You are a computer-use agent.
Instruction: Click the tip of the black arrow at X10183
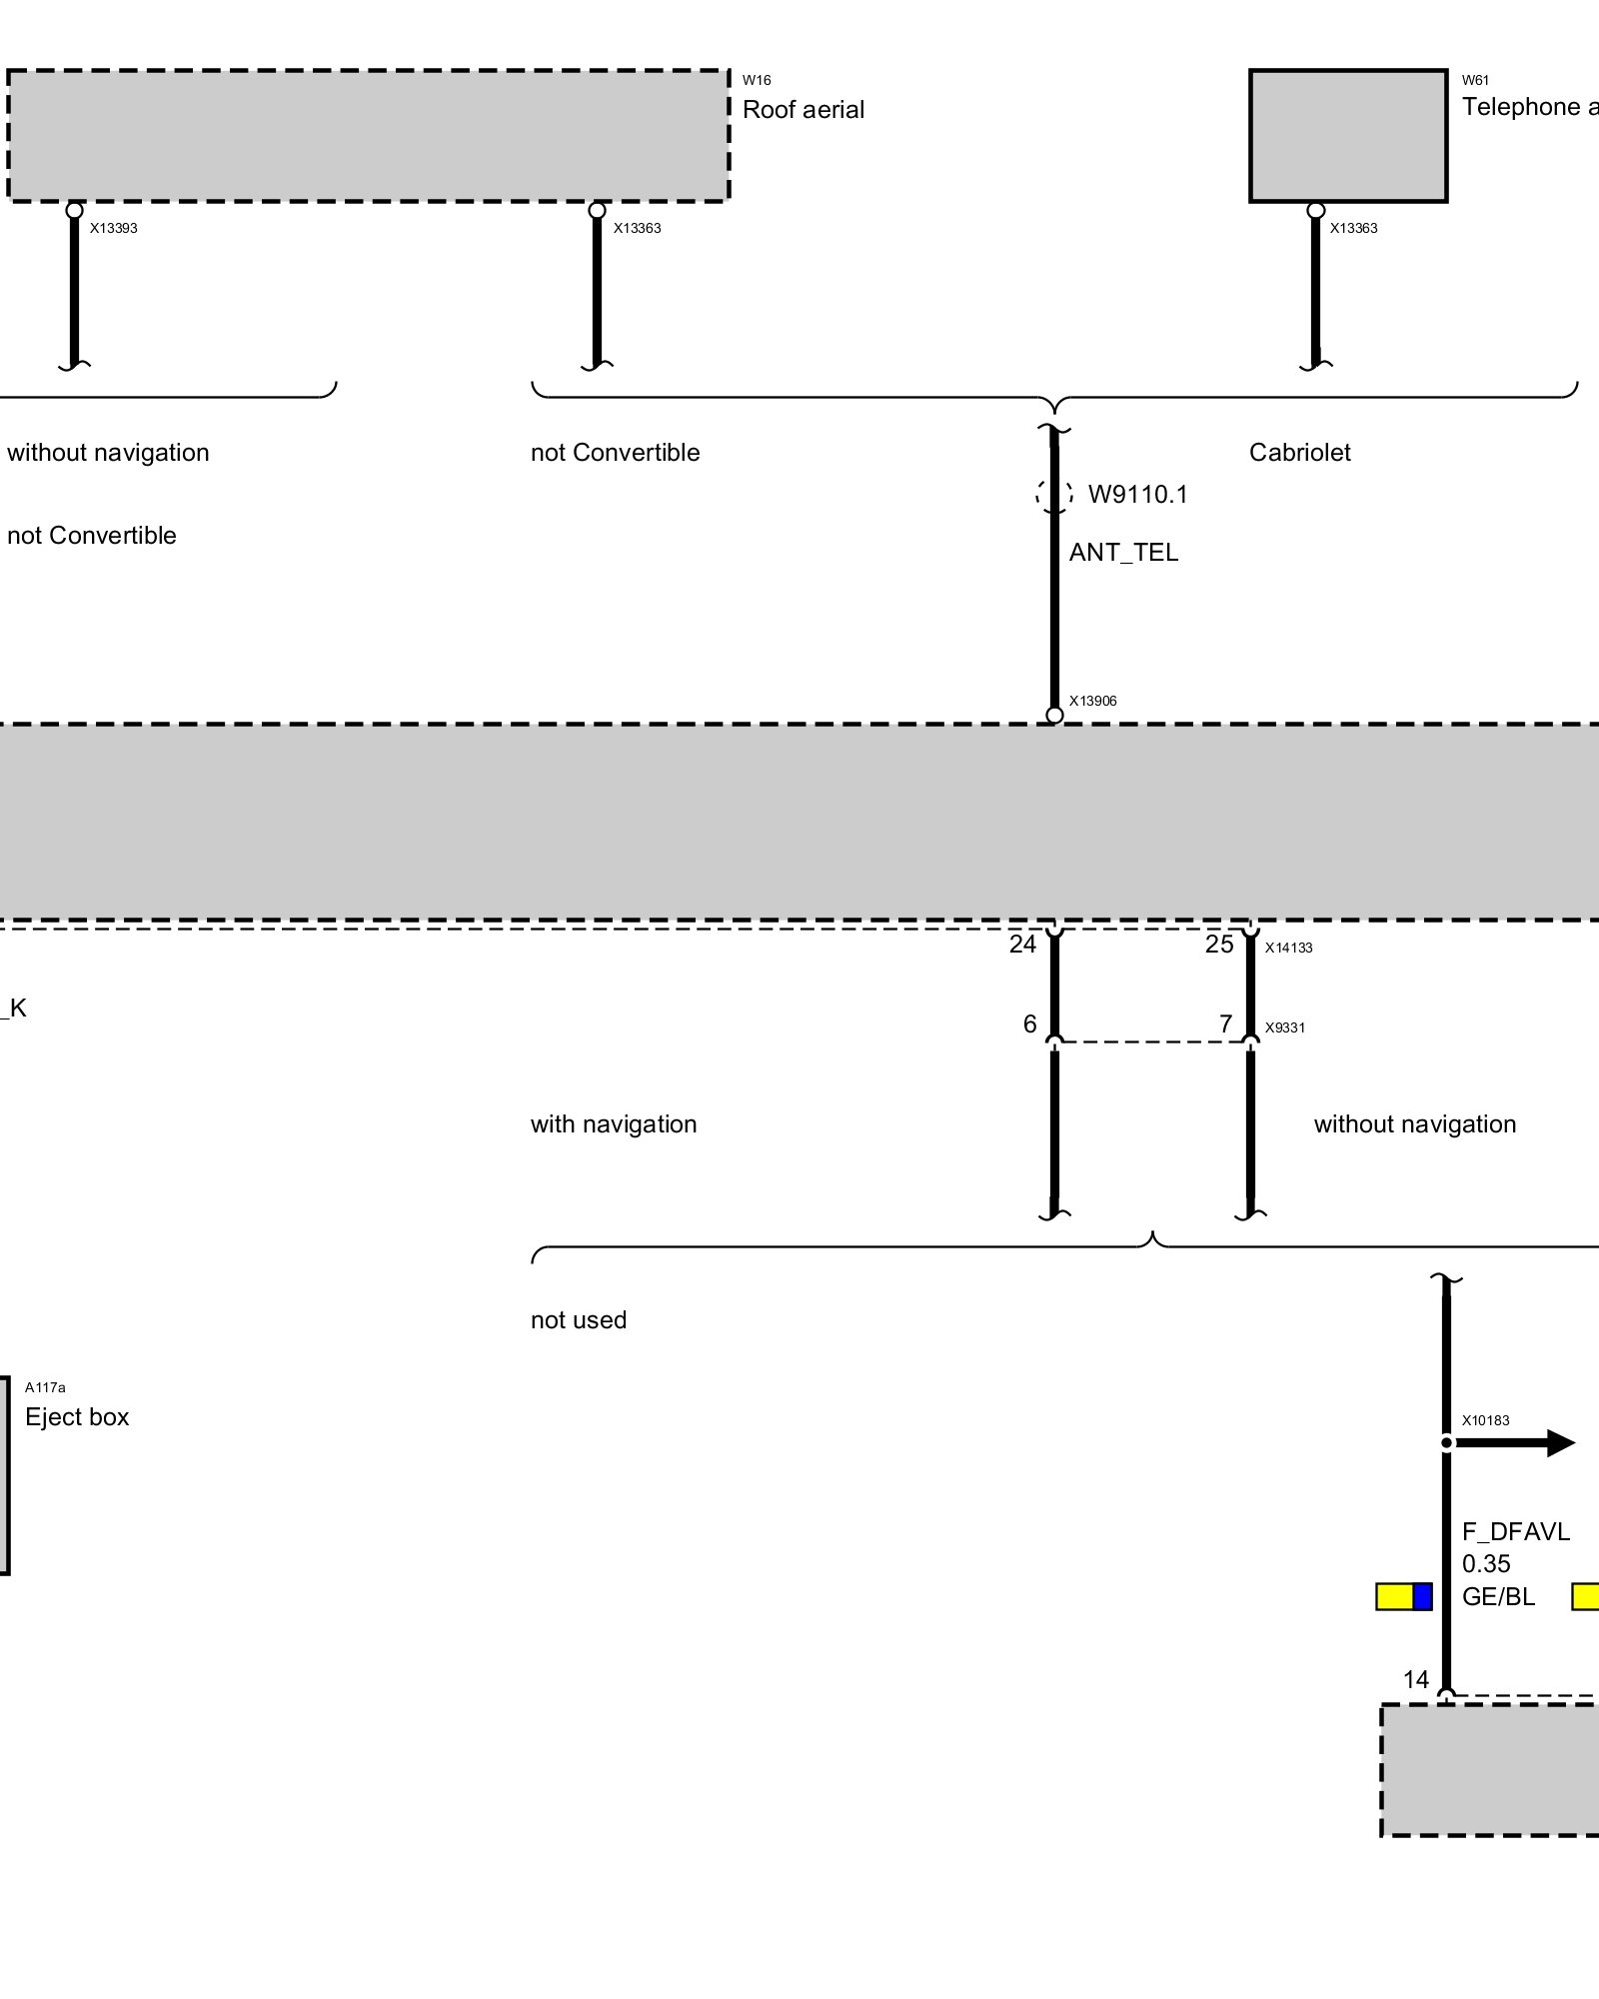pos(1576,1442)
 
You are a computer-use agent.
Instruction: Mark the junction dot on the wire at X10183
pos(1446,1442)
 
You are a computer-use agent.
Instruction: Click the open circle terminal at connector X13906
pos(1054,715)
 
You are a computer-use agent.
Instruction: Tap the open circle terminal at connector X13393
pos(74,210)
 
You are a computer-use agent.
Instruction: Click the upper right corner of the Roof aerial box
pos(730,70)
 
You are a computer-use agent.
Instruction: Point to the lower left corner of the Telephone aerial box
pos(1250,201)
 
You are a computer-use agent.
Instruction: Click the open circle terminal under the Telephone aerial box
pos(1316,210)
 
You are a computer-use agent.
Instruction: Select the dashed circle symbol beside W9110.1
pos(1054,494)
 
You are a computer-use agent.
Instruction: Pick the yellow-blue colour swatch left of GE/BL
pos(1404,1596)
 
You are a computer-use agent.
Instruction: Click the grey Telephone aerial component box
pos(1348,136)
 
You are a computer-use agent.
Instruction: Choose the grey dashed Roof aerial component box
pos(369,136)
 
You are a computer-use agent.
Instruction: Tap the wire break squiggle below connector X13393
pos(74,364)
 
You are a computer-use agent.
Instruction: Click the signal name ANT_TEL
pos(1123,553)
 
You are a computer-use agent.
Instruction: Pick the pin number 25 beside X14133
pos(1219,945)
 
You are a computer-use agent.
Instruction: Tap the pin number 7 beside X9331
pos(1226,1024)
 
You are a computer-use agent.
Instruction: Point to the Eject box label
pos(77,1417)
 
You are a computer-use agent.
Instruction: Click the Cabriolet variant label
pos(1299,453)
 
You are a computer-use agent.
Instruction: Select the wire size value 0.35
pos(1486,1564)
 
